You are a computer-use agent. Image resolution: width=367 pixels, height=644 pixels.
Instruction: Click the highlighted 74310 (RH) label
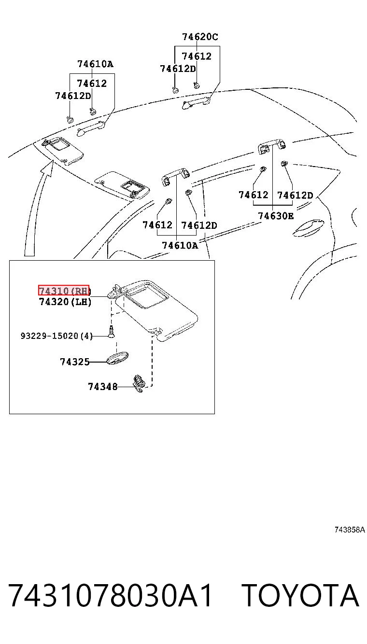point(64,290)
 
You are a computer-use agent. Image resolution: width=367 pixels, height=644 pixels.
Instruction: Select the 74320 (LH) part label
point(65,302)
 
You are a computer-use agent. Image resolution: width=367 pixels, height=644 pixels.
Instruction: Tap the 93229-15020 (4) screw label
point(56,336)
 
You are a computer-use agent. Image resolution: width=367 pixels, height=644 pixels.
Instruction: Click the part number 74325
point(75,362)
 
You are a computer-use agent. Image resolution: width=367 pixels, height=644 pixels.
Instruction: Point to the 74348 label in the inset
point(103,387)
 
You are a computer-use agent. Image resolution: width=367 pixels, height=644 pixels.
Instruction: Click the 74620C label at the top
point(200,37)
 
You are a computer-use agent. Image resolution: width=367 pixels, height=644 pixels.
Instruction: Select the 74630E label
point(276,216)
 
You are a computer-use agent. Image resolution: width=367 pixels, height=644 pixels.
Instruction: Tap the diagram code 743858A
point(350,530)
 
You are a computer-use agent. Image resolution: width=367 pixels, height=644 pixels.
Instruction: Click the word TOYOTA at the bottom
point(300,596)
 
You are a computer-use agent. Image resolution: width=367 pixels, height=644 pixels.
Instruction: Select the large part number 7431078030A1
point(110,596)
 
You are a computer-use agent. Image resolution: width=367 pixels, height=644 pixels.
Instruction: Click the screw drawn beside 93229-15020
point(112,332)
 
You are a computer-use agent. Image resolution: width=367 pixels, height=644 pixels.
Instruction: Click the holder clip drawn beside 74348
point(138,383)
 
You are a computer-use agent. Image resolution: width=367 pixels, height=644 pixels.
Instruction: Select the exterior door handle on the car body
point(308,228)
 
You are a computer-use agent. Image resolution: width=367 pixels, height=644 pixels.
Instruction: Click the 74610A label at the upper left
point(95,64)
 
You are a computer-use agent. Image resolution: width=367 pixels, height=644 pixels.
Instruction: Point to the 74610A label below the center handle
point(180,245)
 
